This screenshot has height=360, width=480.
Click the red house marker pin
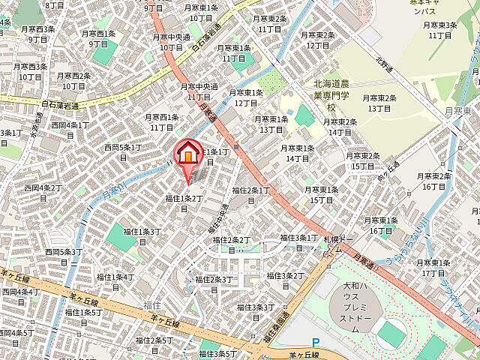tap(187, 154)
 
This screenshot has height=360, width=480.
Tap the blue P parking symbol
tap(316, 343)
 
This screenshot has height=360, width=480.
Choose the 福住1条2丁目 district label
tap(184, 202)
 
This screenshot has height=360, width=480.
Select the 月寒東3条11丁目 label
tap(439, 30)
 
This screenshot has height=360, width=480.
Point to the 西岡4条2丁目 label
tap(42, 191)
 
